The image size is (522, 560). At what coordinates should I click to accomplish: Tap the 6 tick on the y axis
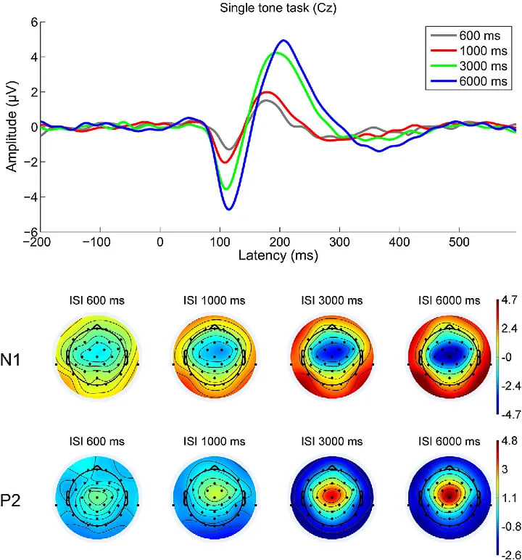tap(33, 22)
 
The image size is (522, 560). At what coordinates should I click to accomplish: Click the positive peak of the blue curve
tap(283, 41)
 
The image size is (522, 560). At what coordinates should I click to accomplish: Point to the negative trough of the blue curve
tap(228, 209)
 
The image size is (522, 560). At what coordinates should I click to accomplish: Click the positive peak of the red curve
tap(267, 92)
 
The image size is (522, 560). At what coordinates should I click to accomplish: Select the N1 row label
tap(20, 358)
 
